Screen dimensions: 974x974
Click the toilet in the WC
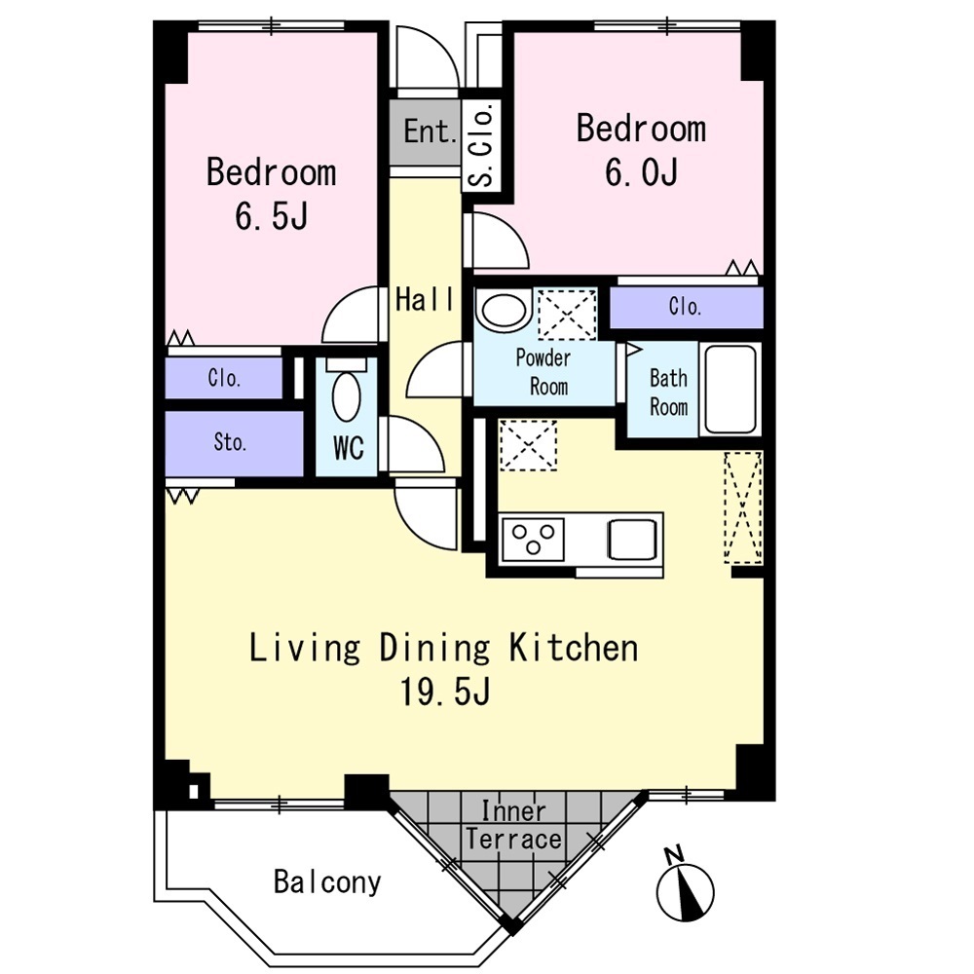346,392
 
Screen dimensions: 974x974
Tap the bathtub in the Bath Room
730,391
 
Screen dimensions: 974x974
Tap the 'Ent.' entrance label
430,131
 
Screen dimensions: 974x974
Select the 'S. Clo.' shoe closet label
482,145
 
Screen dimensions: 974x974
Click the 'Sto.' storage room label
230,441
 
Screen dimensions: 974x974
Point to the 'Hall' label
425,299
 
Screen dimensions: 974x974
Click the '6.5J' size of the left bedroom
272,216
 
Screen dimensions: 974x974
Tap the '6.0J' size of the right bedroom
641,172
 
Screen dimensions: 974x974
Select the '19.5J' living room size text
445,691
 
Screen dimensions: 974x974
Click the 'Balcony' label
327,882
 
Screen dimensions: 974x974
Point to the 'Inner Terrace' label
513,825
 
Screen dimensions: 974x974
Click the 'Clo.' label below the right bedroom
685,306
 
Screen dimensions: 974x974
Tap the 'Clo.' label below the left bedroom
224,378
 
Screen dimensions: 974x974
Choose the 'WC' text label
348,447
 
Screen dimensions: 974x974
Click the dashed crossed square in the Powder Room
567,314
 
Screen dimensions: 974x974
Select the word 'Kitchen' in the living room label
574,648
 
